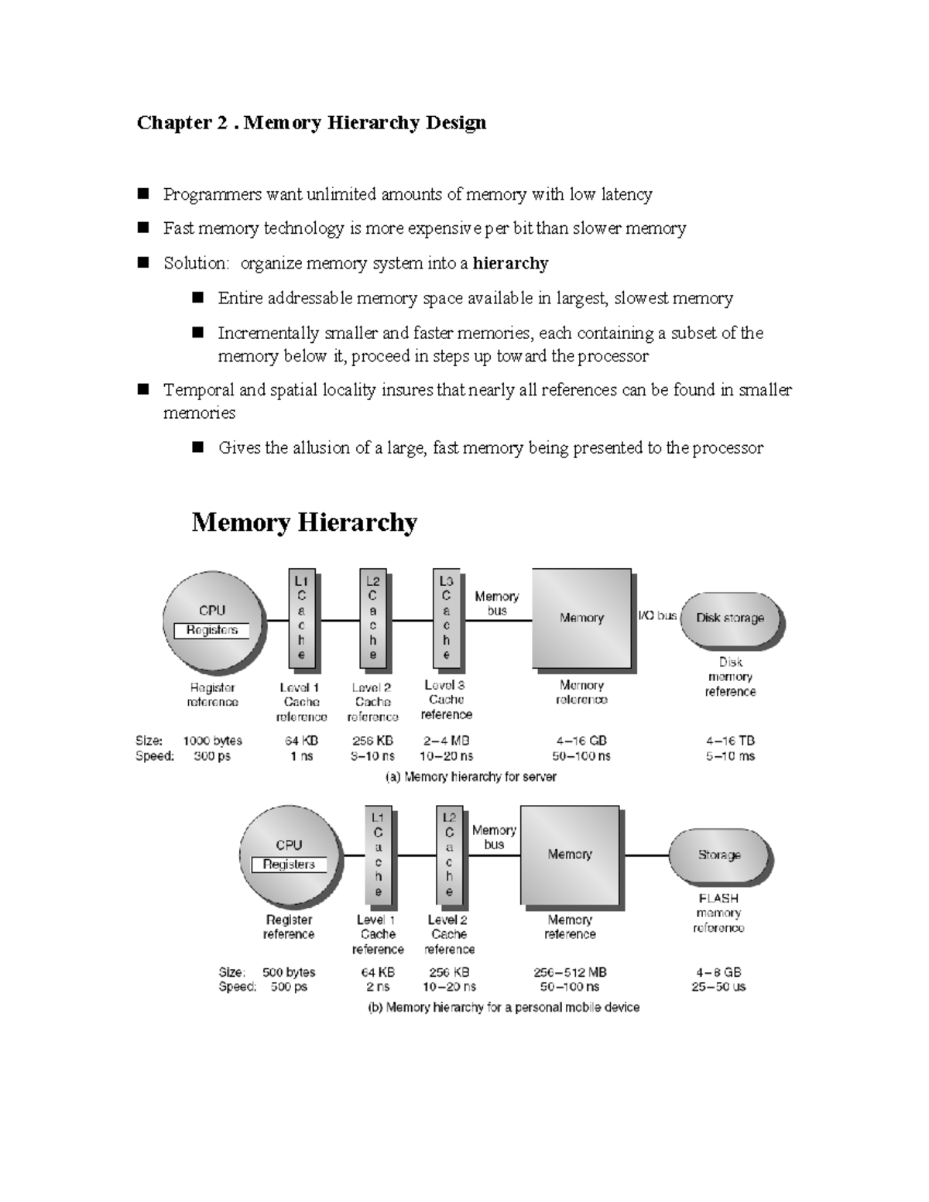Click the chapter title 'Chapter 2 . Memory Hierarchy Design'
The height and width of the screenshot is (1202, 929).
point(311,123)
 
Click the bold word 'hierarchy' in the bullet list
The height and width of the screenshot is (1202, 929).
point(510,263)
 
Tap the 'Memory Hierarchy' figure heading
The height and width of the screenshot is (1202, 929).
point(304,522)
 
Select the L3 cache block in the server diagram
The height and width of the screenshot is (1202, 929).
point(446,618)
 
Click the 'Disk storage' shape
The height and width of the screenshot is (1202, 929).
point(730,618)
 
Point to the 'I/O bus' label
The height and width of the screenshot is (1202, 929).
point(656,616)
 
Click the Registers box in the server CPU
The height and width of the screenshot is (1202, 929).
point(211,630)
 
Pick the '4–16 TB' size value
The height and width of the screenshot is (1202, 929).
point(730,741)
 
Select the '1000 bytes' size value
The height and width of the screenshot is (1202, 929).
point(212,741)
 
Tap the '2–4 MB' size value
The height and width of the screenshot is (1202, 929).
point(446,741)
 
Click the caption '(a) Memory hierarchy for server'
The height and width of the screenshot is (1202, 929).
point(471,776)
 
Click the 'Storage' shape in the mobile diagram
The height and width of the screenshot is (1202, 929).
point(719,855)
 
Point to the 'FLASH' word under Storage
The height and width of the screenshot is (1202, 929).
point(718,899)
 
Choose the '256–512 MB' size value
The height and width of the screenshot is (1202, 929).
point(570,972)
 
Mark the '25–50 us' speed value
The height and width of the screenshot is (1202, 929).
point(718,987)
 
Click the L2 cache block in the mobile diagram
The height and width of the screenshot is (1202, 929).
point(449,855)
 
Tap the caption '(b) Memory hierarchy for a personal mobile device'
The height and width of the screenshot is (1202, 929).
point(503,1008)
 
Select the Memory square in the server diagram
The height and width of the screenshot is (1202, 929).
point(581,618)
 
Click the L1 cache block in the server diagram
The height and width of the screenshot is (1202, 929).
point(301,618)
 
